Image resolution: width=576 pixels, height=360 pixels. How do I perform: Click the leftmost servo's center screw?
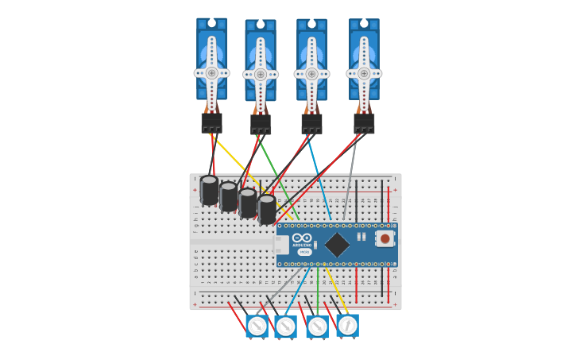[211, 73]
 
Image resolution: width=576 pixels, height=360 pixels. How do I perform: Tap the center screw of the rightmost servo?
[364, 73]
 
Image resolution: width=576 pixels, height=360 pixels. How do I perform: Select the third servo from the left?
[311, 60]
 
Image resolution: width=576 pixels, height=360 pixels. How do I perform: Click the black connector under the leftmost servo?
[211, 123]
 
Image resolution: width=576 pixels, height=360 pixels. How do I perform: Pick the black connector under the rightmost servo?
[364, 123]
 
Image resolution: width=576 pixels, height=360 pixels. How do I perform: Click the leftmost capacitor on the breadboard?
[209, 191]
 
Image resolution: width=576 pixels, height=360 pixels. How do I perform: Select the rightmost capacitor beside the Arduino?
[267, 210]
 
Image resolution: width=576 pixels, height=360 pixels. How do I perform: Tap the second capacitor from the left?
[229, 197]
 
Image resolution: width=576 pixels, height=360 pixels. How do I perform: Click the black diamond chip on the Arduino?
[337, 244]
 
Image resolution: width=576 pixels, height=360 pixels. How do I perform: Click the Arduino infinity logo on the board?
[302, 238]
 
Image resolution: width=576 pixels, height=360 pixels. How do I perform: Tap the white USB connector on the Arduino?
[280, 244]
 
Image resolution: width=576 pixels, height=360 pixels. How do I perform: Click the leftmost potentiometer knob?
[257, 327]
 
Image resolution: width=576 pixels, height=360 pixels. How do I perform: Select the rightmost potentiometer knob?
[347, 326]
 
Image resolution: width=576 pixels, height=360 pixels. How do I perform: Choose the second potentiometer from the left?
[286, 327]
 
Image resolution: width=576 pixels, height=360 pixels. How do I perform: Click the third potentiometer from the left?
[317, 327]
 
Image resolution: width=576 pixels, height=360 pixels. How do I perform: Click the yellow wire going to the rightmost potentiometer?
[337, 290]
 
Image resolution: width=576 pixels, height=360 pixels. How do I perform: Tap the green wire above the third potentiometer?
[318, 290]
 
